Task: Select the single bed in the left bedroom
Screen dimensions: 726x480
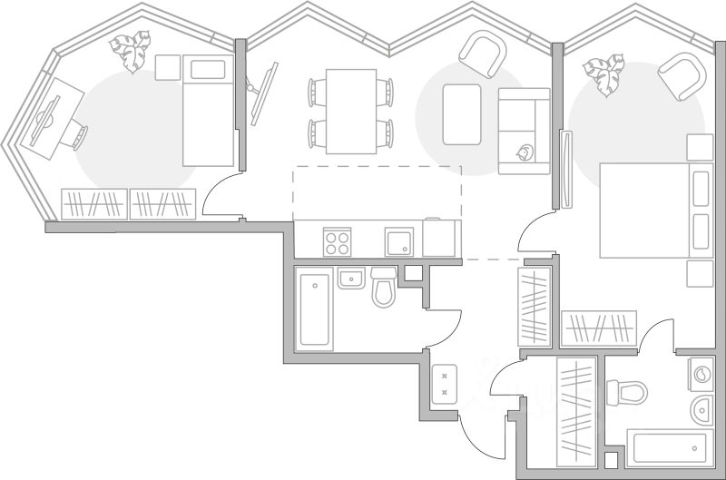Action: (x=208, y=110)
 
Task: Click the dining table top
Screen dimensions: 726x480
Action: (x=351, y=110)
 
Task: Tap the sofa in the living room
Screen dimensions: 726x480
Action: (x=524, y=131)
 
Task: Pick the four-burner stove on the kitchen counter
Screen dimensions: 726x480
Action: (x=338, y=242)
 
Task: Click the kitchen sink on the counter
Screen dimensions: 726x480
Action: (x=398, y=242)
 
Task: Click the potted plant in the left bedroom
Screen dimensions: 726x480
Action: (x=130, y=51)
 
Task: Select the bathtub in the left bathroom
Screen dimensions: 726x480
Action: (x=314, y=309)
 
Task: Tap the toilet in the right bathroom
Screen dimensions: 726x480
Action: (x=628, y=393)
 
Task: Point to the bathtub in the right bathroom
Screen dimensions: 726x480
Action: (x=667, y=446)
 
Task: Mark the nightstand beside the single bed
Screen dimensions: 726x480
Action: (x=168, y=67)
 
